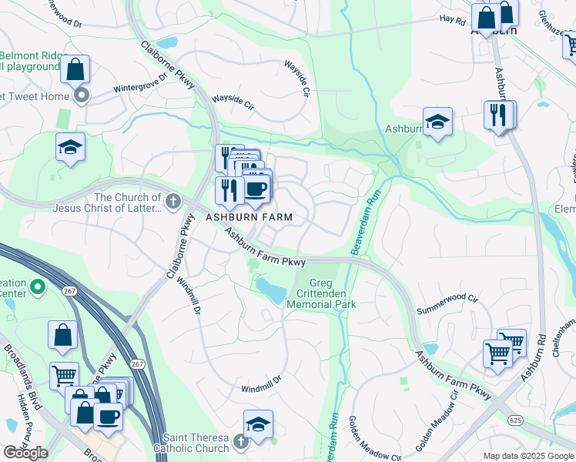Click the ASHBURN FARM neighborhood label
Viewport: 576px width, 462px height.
point(249,217)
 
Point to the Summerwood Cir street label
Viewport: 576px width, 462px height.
point(447,310)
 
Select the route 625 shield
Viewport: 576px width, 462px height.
point(517,420)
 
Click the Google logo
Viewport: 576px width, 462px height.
point(25,453)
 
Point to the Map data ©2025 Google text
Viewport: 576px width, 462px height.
point(528,456)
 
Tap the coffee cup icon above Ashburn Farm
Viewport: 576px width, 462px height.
point(256,189)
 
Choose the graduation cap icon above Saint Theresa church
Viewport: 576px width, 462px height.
point(258,423)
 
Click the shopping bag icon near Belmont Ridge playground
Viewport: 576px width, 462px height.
point(75,69)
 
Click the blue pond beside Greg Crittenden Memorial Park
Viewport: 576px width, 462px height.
point(271,290)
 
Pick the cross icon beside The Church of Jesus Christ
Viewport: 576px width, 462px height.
point(173,203)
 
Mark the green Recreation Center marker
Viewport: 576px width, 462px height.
point(35,289)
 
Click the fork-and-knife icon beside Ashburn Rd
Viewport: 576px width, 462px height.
point(497,115)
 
